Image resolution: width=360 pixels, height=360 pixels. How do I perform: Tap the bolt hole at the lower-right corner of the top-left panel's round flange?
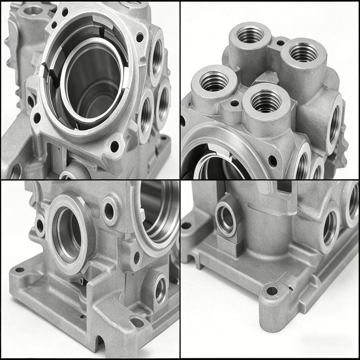pyautogui.click(x=114, y=146)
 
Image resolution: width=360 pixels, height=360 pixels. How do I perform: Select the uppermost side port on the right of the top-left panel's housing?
pyautogui.click(x=157, y=58)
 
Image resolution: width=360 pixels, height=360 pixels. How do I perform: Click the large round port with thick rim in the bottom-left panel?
pyautogui.click(x=68, y=234)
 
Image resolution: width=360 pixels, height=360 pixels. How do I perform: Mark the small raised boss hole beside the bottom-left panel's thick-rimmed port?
pyautogui.click(x=109, y=211)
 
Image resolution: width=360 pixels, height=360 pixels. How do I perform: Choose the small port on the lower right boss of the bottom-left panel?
pyautogui.click(x=160, y=290)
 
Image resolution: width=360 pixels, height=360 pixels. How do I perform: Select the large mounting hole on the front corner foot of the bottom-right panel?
pyautogui.click(x=272, y=291)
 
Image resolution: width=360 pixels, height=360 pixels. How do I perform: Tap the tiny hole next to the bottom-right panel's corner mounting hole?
pyautogui.click(x=291, y=288)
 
